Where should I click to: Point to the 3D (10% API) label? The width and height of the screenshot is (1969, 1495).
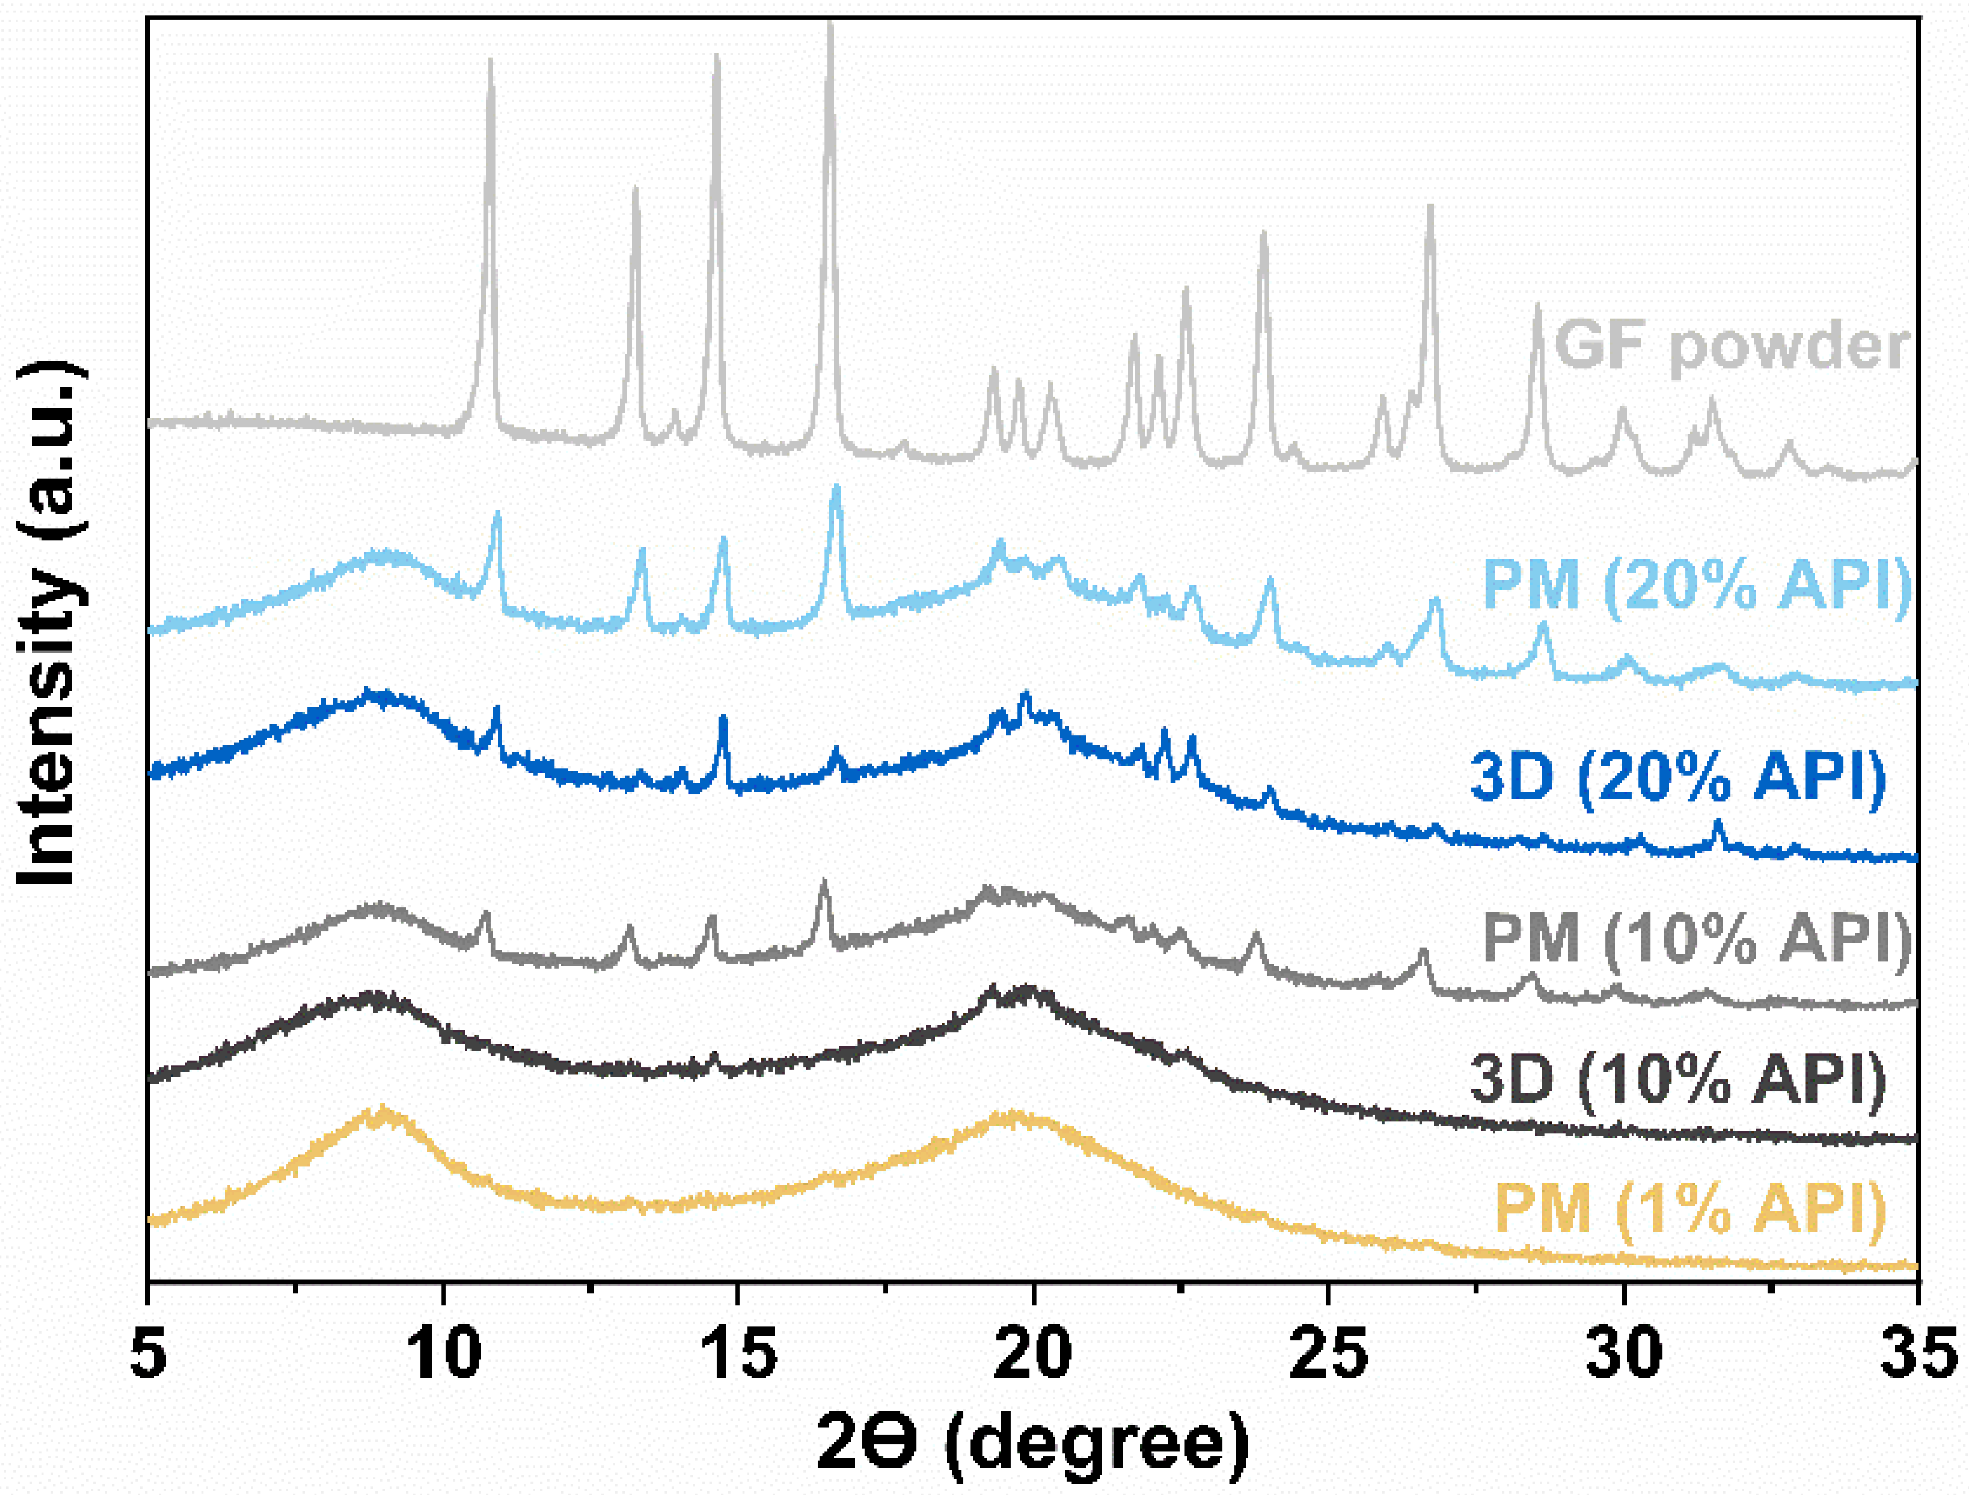(x=1678, y=1079)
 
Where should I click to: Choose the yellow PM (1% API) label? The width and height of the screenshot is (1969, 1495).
(x=1689, y=1208)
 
